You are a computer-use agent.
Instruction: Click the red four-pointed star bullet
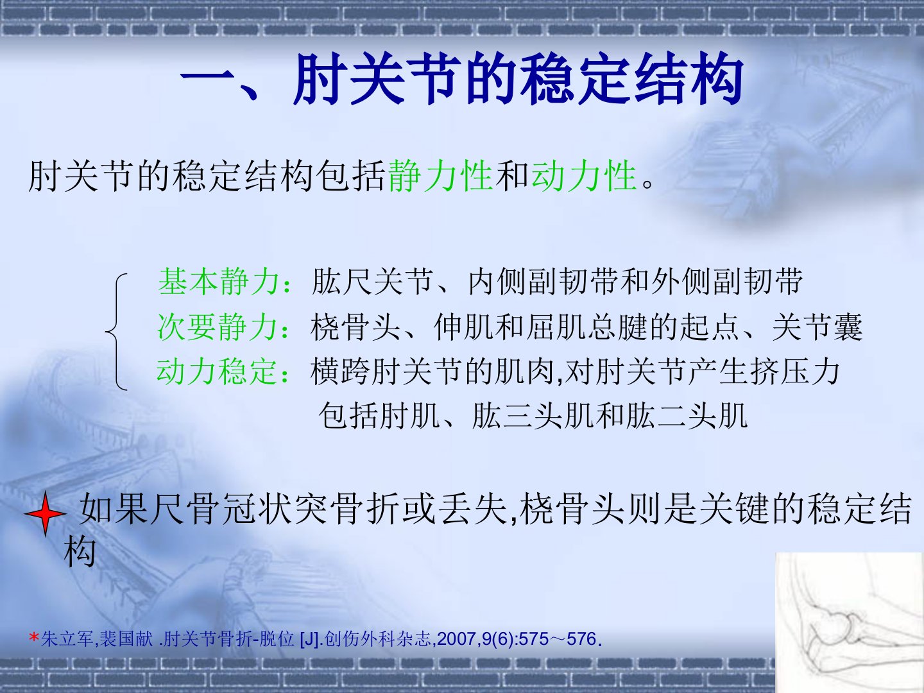click(x=46, y=514)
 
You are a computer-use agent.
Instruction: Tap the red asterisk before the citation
click(x=33, y=638)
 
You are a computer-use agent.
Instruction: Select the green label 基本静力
click(x=219, y=282)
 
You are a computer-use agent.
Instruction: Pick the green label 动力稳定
click(x=218, y=372)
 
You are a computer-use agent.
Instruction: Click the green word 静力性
click(x=440, y=176)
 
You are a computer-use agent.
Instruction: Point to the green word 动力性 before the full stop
click(x=584, y=176)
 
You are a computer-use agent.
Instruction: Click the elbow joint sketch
click(x=850, y=622)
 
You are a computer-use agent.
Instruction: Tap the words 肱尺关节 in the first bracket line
click(x=372, y=282)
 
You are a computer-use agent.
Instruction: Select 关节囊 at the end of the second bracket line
click(x=817, y=327)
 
